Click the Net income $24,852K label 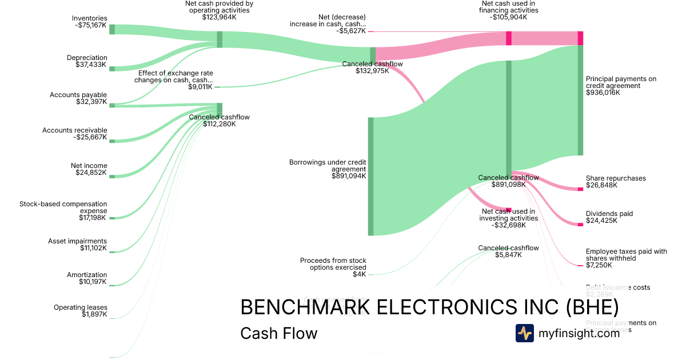pyautogui.click(x=89, y=169)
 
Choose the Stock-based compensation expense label pyautogui.click(x=63, y=210)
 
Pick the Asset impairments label pyautogui.click(x=78, y=245)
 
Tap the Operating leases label pyautogui.click(x=81, y=311)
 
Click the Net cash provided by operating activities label pyautogui.click(x=220, y=10)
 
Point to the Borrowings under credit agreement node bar pyautogui.click(x=370, y=176)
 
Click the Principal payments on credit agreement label pyautogui.click(x=621, y=86)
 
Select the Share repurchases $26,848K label pyautogui.click(x=616, y=182)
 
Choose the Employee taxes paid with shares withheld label pyautogui.click(x=626, y=258)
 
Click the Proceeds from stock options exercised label pyautogui.click(x=333, y=267)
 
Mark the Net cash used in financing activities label pyautogui.click(x=509, y=10)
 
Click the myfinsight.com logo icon pyautogui.click(x=525, y=333)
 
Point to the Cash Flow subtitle pyautogui.click(x=279, y=333)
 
